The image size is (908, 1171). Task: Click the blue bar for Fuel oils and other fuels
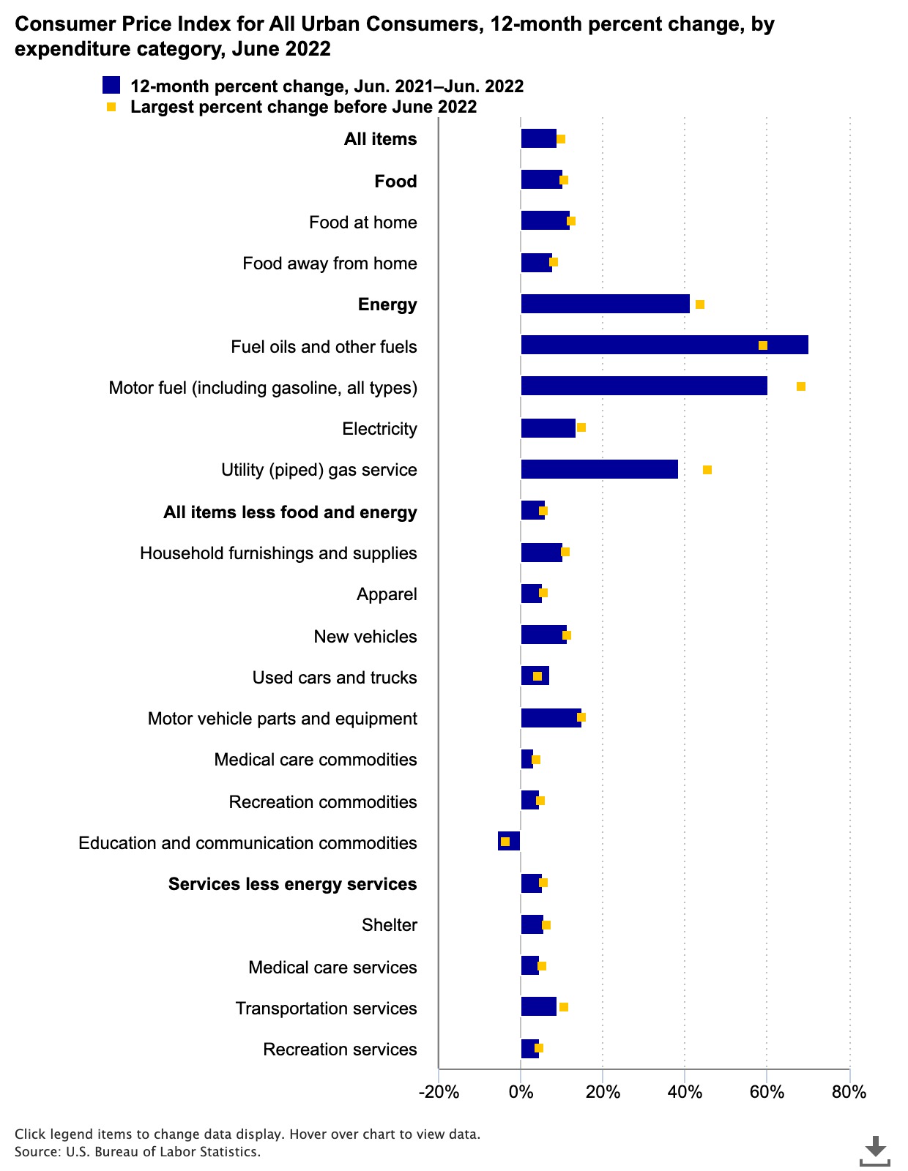pyautogui.click(x=664, y=345)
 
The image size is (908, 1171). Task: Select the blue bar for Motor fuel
pyautogui.click(x=644, y=386)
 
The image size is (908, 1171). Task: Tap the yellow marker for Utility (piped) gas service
pyautogui.click(x=707, y=470)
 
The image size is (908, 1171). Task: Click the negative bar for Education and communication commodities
pyautogui.click(x=509, y=841)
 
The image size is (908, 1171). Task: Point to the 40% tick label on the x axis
pyautogui.click(x=685, y=1093)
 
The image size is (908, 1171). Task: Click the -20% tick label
pyautogui.click(x=439, y=1093)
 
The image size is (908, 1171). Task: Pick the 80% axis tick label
pyautogui.click(x=849, y=1093)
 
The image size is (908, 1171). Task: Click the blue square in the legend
pyautogui.click(x=111, y=85)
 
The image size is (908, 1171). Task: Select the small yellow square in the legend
pyautogui.click(x=111, y=107)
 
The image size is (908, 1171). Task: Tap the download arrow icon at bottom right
pyautogui.click(x=874, y=1150)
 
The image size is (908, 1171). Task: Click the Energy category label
pyautogui.click(x=387, y=304)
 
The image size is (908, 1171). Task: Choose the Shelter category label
pyautogui.click(x=390, y=925)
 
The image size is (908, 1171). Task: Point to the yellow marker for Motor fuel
pyautogui.click(x=801, y=386)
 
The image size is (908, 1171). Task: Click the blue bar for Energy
pyautogui.click(x=605, y=304)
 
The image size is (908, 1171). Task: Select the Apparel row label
pyautogui.click(x=387, y=594)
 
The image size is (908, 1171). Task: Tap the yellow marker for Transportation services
pyautogui.click(x=564, y=1007)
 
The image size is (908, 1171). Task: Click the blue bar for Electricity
pyautogui.click(x=548, y=428)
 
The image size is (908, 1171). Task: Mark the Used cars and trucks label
pyautogui.click(x=335, y=678)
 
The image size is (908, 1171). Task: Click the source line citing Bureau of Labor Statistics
pyautogui.click(x=138, y=1152)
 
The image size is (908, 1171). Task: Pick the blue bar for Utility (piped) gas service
pyautogui.click(x=599, y=469)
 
